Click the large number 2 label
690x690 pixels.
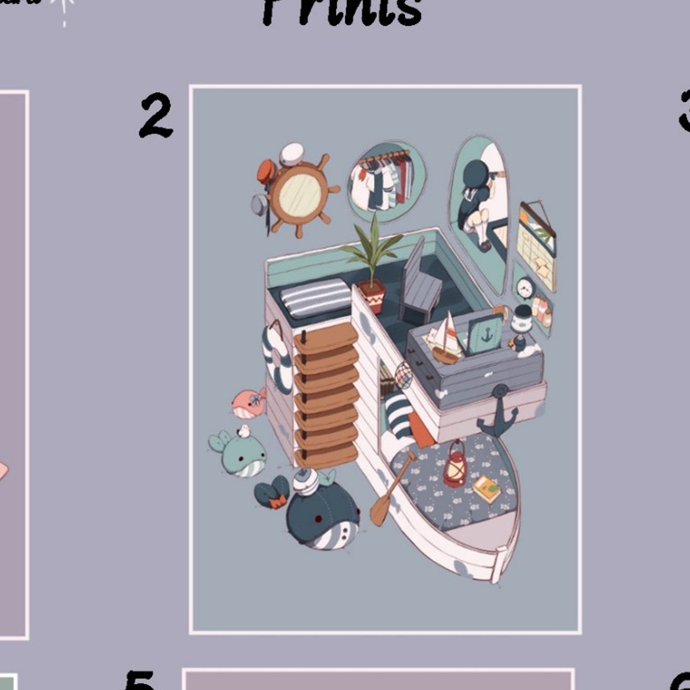coord(156,116)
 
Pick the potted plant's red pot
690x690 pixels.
coord(372,296)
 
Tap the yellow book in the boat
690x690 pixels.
coord(488,489)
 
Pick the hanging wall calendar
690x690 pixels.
coord(537,245)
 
